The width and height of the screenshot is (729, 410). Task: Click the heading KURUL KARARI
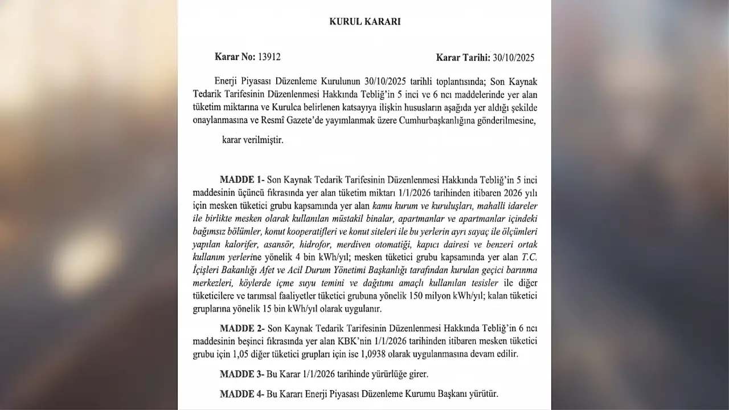point(364,22)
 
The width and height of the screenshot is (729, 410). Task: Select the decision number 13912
point(269,57)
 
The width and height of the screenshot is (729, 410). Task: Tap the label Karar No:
point(235,57)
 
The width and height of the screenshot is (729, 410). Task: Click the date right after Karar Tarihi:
point(514,58)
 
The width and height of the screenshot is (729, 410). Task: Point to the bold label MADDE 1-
point(241,179)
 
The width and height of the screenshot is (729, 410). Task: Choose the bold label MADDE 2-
point(241,328)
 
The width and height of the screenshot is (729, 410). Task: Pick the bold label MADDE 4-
point(241,393)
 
